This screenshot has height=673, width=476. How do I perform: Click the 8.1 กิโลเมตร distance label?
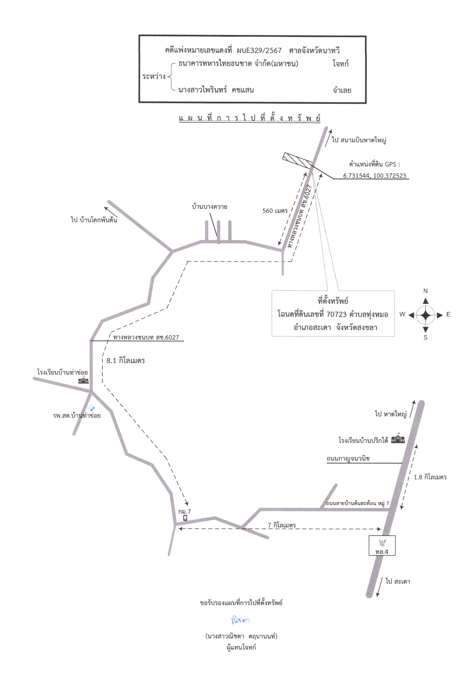(126, 360)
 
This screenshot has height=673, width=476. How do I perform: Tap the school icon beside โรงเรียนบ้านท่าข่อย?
(83, 381)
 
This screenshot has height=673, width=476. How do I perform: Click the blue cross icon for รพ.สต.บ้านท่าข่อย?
(92, 408)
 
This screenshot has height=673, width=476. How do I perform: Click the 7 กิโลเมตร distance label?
(282, 525)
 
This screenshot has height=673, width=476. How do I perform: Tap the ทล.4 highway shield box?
(382, 545)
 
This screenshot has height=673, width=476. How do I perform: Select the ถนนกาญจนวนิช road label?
(348, 459)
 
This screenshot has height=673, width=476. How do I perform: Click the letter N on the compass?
(426, 291)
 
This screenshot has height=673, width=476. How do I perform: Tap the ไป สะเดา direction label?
(398, 582)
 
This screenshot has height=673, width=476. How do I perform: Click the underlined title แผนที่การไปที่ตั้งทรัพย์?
(250, 118)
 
